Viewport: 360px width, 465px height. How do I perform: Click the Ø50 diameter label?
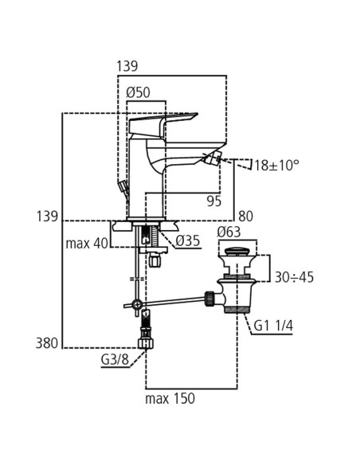click(x=139, y=92)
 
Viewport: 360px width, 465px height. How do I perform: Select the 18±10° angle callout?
click(x=276, y=166)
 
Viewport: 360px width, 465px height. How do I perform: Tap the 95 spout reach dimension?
click(x=213, y=201)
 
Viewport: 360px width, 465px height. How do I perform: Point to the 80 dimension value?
click(x=245, y=215)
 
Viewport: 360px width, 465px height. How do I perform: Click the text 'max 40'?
click(x=88, y=242)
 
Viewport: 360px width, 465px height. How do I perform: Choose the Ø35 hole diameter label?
click(x=187, y=240)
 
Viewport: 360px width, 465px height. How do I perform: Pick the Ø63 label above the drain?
click(x=229, y=232)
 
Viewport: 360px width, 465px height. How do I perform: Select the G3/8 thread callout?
click(x=115, y=361)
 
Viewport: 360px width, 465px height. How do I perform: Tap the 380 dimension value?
click(x=49, y=343)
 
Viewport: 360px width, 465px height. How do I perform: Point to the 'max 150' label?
click(x=170, y=398)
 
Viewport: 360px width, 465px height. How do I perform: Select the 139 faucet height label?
click(x=49, y=216)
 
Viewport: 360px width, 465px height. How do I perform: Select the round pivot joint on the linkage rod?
click(x=138, y=305)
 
